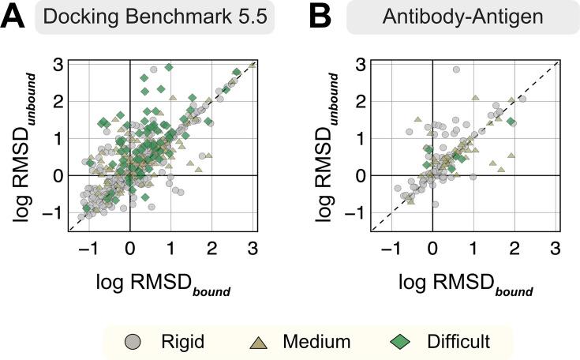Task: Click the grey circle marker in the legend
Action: click(136, 342)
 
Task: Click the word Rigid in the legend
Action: click(181, 342)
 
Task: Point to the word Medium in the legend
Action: click(318, 342)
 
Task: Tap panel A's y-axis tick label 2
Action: click(58, 102)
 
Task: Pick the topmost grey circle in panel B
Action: click(456, 70)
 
